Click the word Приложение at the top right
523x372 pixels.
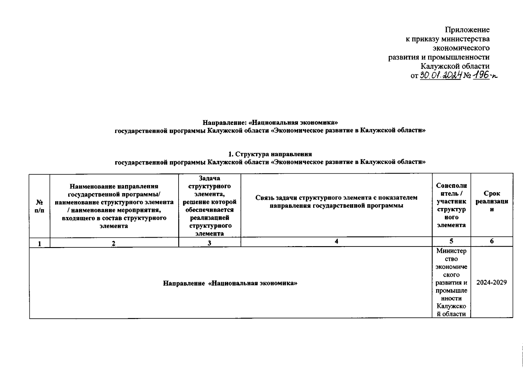[467, 30]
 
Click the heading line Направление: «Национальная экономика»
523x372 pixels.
[270, 122]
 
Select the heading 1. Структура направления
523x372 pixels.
[270, 154]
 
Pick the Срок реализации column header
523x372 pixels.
[492, 201]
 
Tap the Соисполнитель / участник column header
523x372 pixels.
[451, 205]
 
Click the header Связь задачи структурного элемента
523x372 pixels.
[336, 201]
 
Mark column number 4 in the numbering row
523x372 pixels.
[336, 241]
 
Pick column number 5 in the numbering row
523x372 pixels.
[451, 241]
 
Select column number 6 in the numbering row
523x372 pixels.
[492, 241]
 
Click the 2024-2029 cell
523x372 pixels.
[492, 282]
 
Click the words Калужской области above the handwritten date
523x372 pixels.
[455, 66]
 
